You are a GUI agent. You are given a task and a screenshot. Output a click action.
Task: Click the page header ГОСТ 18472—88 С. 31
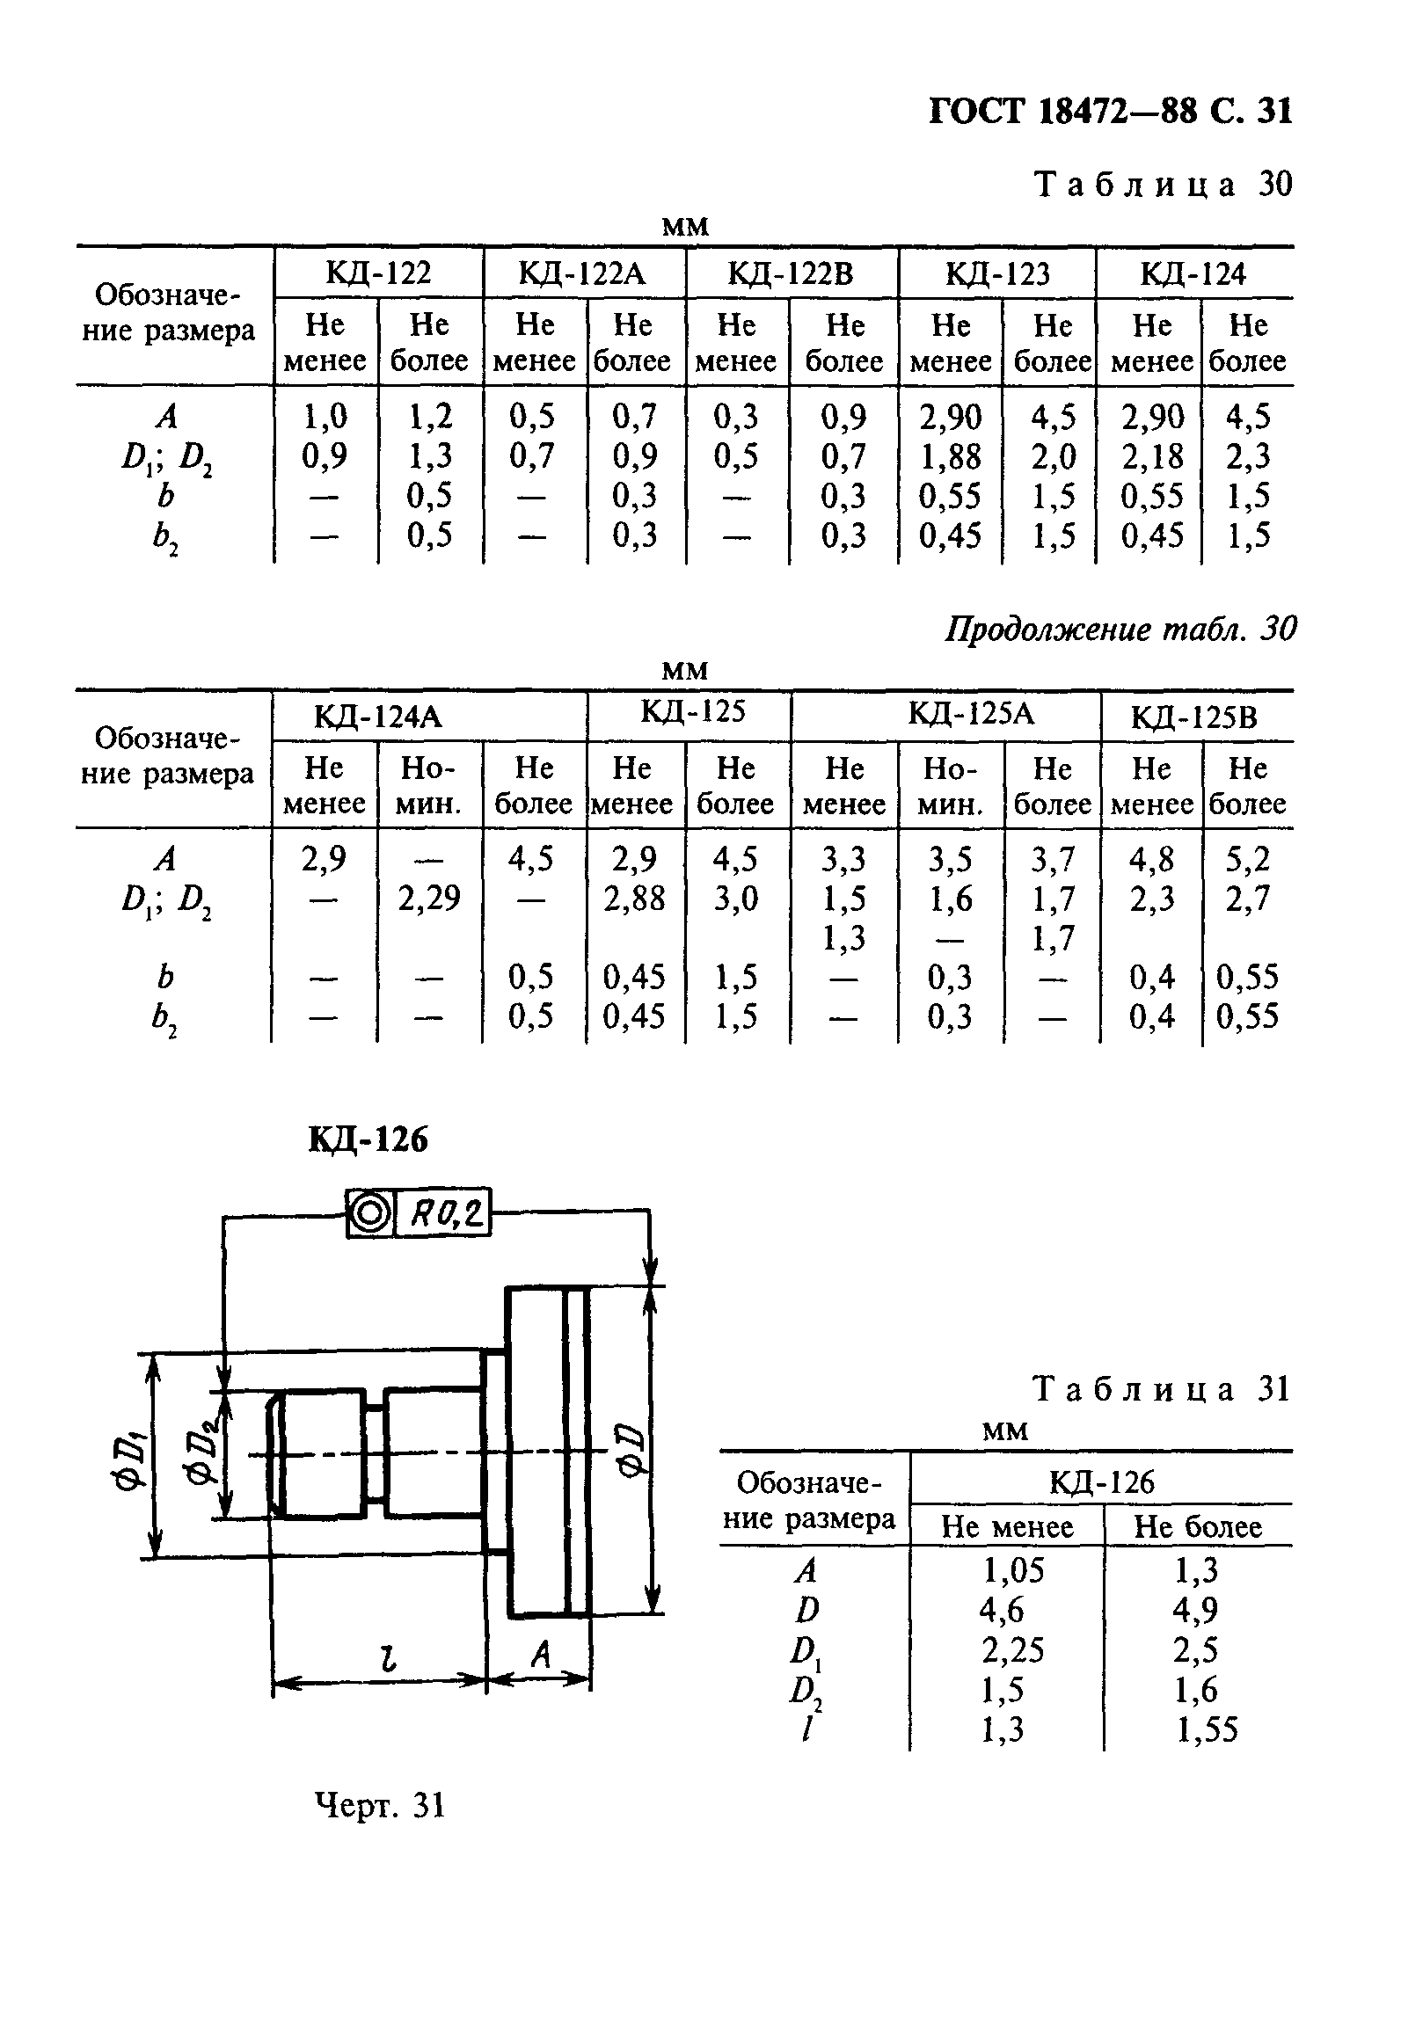click(x=1111, y=112)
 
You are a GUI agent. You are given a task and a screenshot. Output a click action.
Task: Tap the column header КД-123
click(x=997, y=274)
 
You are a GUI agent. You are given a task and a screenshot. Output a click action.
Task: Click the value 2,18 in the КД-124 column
click(x=1151, y=456)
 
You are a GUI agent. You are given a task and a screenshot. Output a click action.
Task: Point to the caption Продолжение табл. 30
click(x=1120, y=630)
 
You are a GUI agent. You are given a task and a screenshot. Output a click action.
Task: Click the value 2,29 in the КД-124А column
click(x=429, y=899)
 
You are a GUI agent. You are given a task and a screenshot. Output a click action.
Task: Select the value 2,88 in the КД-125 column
click(x=634, y=899)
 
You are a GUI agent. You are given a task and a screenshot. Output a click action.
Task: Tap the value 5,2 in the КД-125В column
click(x=1248, y=859)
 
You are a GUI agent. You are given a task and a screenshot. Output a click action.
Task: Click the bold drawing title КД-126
click(x=368, y=1139)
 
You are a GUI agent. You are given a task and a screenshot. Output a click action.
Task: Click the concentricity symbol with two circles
click(x=370, y=1213)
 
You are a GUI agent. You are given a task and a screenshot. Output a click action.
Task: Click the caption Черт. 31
click(x=380, y=1806)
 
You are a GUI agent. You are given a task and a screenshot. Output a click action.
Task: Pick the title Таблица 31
click(x=1160, y=1389)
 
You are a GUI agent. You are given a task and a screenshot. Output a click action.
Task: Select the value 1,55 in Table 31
click(x=1207, y=1730)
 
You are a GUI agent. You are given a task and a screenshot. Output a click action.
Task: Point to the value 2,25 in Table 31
click(x=1012, y=1650)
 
